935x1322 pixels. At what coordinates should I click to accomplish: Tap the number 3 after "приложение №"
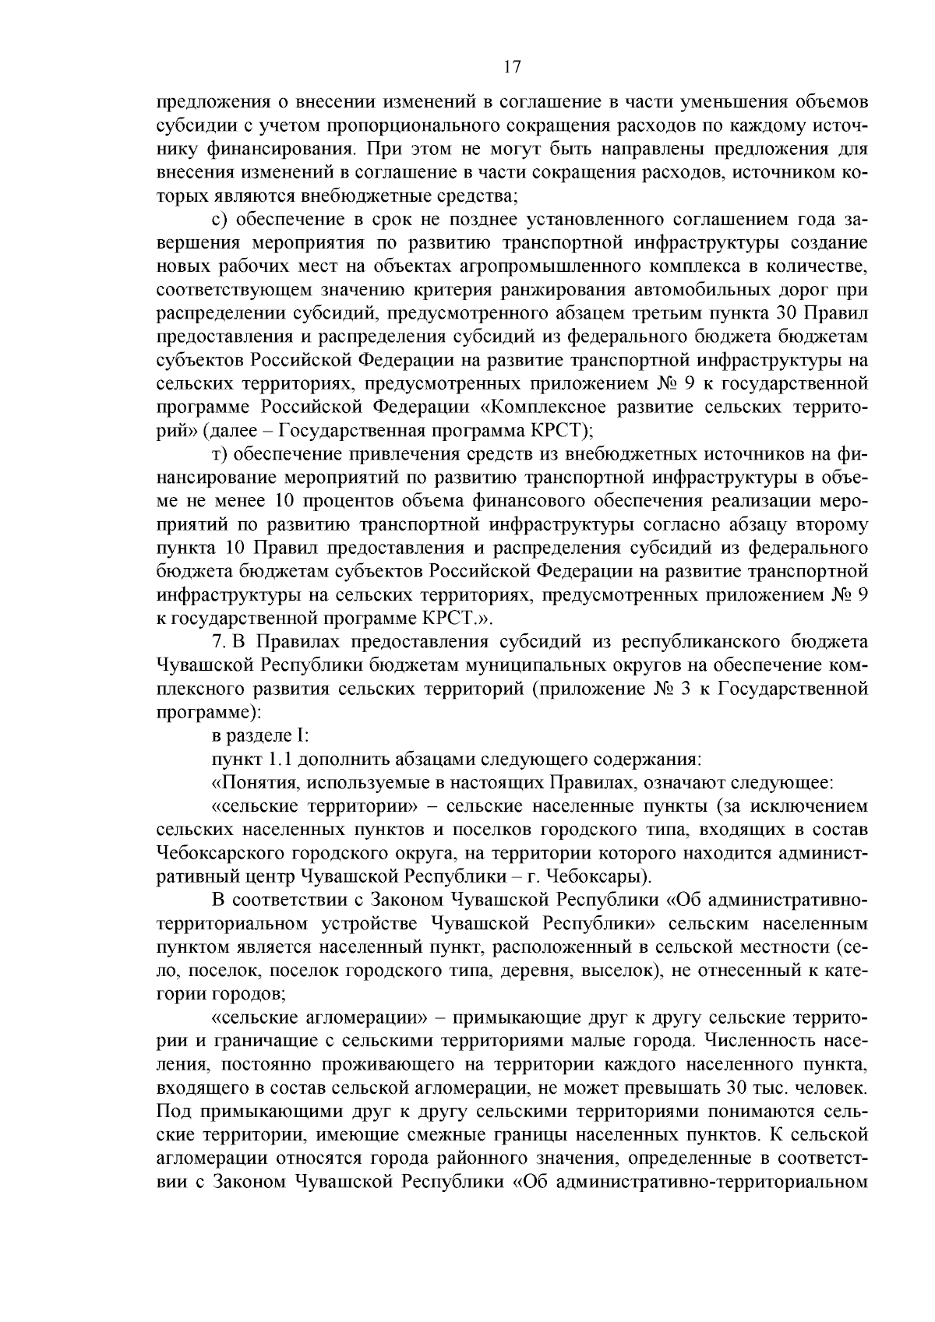(686, 689)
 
